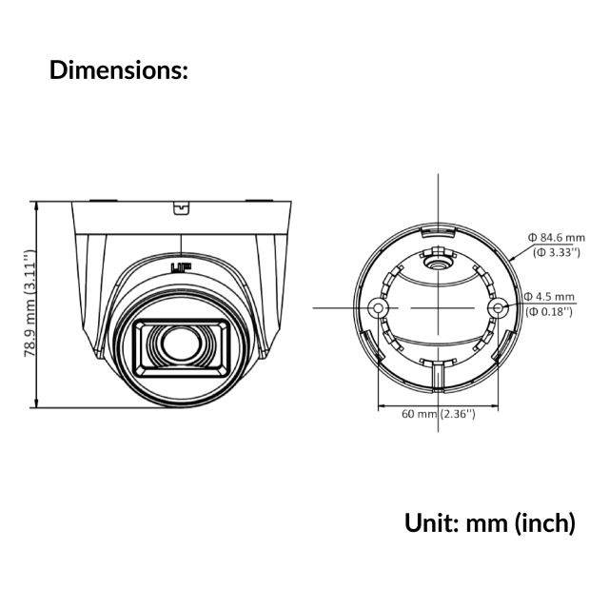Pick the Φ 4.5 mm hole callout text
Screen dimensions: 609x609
(x=551, y=296)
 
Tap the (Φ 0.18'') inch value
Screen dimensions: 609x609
(x=550, y=311)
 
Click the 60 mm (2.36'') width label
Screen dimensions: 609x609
(x=437, y=413)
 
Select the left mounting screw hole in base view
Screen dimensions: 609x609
(x=379, y=309)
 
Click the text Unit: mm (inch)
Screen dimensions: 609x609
(x=489, y=522)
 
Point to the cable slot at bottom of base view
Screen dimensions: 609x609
(x=437, y=378)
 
